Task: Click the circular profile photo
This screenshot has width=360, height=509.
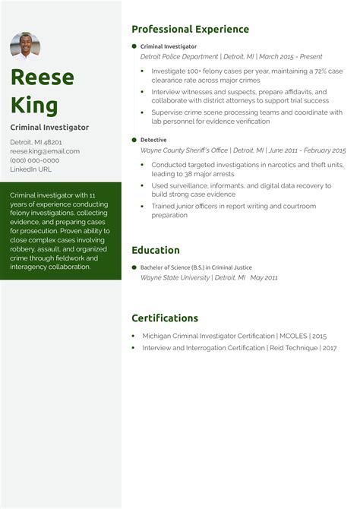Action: click(25, 46)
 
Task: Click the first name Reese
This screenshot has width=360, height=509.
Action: click(43, 77)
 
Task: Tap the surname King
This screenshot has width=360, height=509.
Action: click(34, 104)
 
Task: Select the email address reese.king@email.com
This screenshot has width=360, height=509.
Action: click(45, 151)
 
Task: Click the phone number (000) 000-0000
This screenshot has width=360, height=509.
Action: click(34, 160)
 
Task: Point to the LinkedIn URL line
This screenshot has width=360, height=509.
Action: click(31, 169)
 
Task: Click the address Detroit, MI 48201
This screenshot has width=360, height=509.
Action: click(36, 142)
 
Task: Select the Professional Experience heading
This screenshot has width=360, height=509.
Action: click(190, 30)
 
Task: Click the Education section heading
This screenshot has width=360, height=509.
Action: click(156, 250)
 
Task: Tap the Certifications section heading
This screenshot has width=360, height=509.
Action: click(165, 318)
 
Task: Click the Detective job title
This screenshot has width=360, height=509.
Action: click(153, 140)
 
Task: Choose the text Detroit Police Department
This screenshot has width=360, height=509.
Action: click(179, 56)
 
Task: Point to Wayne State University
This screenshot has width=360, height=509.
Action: click(175, 278)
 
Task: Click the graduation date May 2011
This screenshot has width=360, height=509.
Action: click(264, 278)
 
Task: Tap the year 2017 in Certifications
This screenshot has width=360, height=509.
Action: click(329, 348)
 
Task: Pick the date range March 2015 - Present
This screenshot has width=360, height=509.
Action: click(291, 56)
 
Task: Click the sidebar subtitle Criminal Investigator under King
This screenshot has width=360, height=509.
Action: click(49, 128)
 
